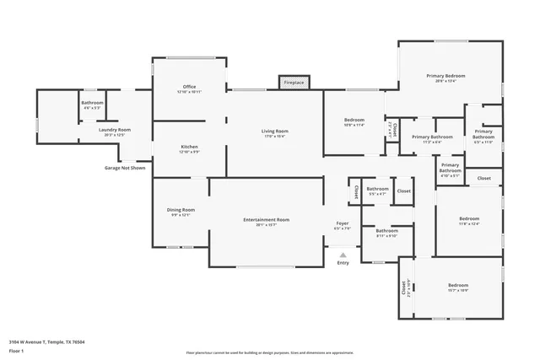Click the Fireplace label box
click(294, 83)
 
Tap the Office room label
click(189, 89)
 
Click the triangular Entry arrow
click(343, 254)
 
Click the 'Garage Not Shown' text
click(125, 168)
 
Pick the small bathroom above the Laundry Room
click(92, 105)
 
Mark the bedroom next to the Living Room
click(354, 122)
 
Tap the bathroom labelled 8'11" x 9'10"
click(386, 233)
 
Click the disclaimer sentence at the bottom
click(270, 352)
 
